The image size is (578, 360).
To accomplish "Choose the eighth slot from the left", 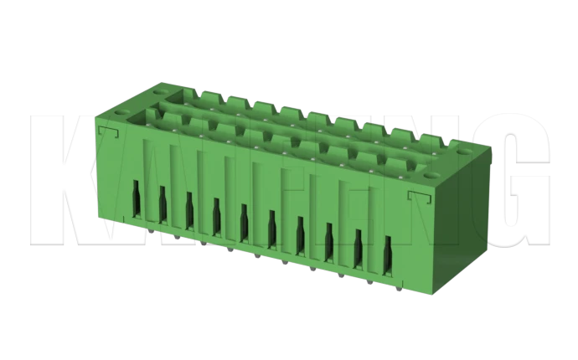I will pos(329,241).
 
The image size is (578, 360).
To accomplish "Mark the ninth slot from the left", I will pos(359,247).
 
